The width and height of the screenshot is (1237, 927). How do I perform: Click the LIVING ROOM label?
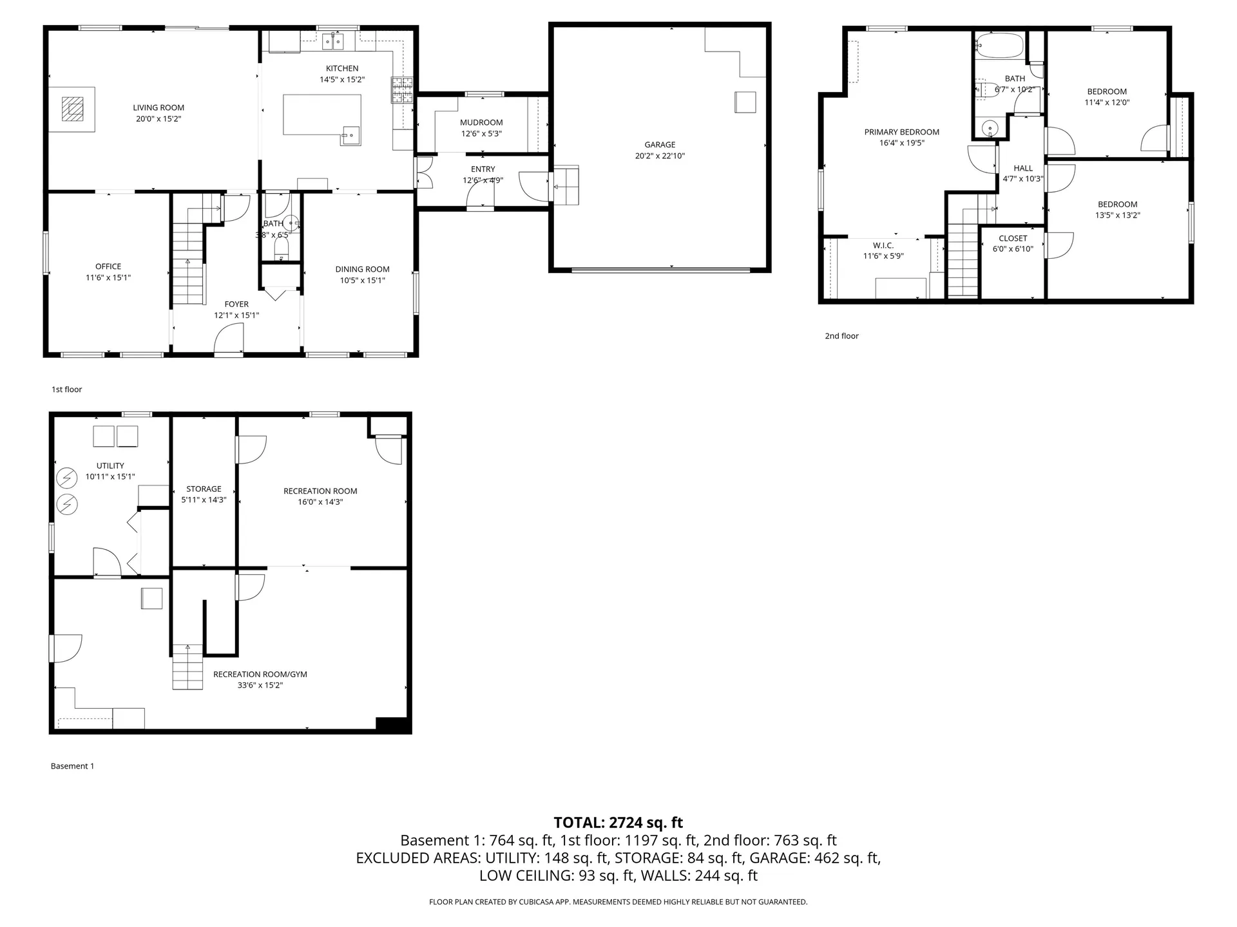[158, 108]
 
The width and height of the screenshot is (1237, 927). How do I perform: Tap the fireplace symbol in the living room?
[72, 109]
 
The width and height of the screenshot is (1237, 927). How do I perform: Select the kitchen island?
[321, 115]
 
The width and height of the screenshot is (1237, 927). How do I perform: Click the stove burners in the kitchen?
[402, 90]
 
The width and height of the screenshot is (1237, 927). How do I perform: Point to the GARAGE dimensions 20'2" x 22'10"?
[660, 156]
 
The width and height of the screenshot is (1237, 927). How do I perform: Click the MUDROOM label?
[481, 122]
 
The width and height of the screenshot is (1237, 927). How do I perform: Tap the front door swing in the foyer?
[229, 339]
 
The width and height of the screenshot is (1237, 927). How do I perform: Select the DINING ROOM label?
[362, 269]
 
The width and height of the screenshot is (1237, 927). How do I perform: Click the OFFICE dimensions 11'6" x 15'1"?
[108, 277]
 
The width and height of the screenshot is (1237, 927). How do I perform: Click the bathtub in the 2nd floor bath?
[999, 46]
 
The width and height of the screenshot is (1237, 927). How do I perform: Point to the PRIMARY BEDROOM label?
[901, 132]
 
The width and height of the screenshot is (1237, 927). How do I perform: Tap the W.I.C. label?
[883, 245]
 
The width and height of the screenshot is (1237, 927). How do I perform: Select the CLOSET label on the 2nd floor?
[1013, 238]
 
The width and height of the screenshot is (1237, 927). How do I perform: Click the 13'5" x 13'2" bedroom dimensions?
[1117, 215]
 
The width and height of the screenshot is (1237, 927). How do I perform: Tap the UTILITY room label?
[110, 465]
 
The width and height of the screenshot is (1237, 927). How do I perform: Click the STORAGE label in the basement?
[204, 489]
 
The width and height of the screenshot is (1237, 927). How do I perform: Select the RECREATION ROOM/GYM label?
[260, 674]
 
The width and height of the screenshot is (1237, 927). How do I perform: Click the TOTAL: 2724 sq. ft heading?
[618, 822]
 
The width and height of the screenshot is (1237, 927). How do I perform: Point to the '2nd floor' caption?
[841, 335]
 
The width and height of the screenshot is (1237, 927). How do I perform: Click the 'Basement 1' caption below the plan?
[72, 766]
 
